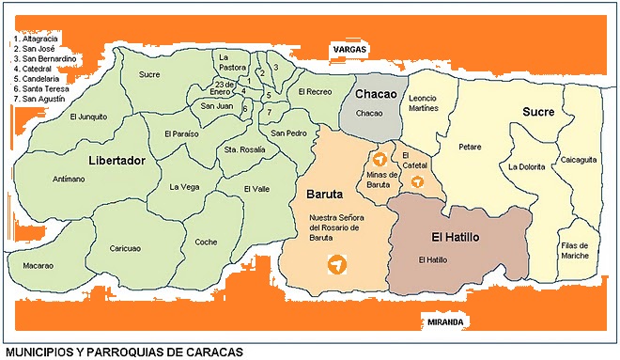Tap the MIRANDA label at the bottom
[445, 321]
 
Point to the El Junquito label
[88, 117]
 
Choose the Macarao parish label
[37, 266]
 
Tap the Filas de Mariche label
[574, 249]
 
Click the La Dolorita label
[526, 166]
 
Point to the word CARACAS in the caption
[215, 352]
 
